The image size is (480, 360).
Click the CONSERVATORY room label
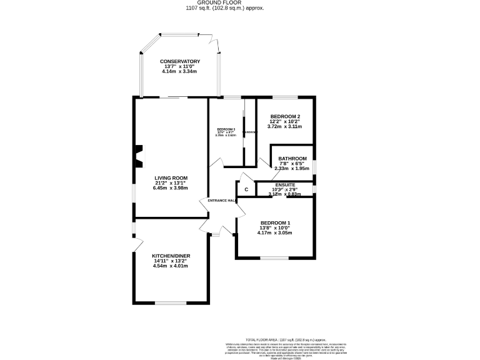coord(179,61)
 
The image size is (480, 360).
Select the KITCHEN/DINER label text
coord(171,256)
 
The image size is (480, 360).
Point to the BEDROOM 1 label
coord(275,223)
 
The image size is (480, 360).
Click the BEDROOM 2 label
coord(285,116)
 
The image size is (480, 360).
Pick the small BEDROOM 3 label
coord(226,129)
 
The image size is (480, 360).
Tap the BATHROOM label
coord(292,158)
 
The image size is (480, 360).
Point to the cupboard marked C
coord(246,189)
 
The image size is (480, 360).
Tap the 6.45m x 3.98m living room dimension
coord(171,188)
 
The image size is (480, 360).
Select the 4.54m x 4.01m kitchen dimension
coord(171,266)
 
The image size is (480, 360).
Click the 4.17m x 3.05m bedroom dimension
coord(275,233)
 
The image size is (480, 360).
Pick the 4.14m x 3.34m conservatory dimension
coord(179,72)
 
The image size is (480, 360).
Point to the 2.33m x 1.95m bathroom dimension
coord(292,169)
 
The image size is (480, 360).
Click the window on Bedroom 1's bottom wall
coord(274,257)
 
